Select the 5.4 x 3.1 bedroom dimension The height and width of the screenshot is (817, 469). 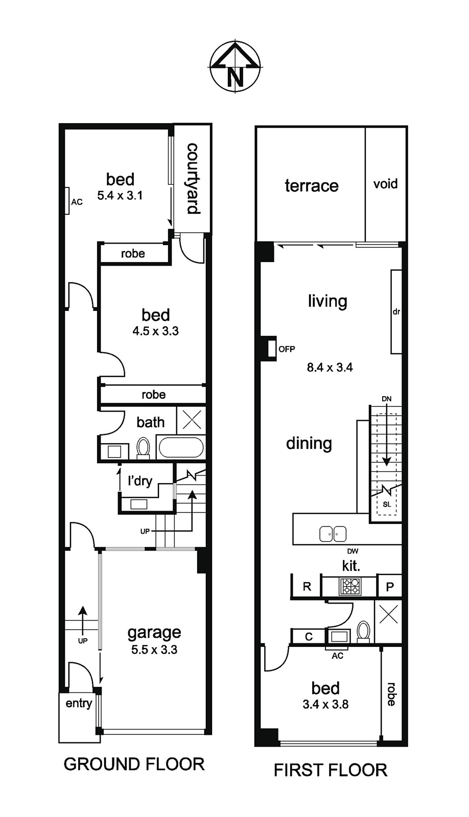point(120,196)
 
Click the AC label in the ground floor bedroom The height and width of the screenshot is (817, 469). point(77,202)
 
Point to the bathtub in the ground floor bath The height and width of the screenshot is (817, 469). point(181,447)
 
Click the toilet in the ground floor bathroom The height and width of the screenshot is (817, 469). point(143,448)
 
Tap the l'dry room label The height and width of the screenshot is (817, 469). point(140,481)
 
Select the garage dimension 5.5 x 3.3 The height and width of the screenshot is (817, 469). point(154,650)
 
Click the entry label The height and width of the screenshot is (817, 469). point(79,704)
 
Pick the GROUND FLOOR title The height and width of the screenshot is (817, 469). point(134,764)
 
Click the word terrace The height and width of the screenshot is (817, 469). point(312,186)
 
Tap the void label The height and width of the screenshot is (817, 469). point(385,184)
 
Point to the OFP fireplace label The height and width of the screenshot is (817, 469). point(287,349)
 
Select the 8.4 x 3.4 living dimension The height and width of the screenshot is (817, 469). point(330,367)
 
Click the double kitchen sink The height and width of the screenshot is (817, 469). point(333,534)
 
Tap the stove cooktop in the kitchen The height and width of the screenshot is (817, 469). point(350,586)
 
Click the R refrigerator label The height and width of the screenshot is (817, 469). point(307,587)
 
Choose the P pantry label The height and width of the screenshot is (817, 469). point(390,587)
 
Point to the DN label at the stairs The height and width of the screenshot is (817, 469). point(387,399)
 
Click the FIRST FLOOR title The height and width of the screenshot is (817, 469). point(331,771)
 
